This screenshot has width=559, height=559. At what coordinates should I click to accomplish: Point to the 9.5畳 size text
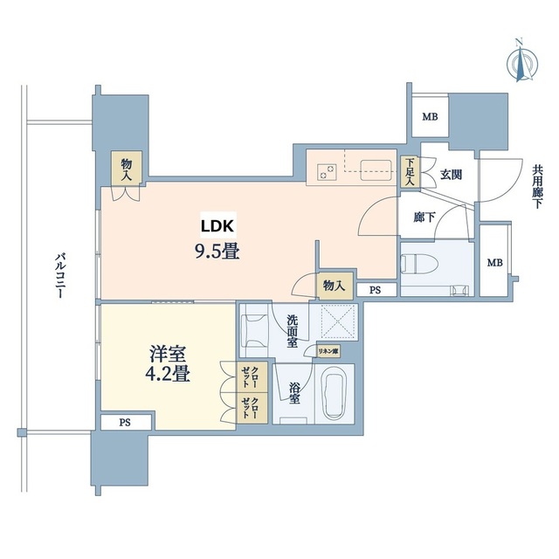(216, 252)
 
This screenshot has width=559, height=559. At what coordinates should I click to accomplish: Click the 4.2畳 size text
(169, 376)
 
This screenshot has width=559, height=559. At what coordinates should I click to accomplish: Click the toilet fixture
(418, 261)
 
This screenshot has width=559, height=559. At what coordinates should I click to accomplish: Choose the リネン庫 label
(328, 351)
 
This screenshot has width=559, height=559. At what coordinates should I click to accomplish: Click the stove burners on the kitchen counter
(327, 170)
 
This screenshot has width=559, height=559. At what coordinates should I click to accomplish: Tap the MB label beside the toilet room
(494, 263)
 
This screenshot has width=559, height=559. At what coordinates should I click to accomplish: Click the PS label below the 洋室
(125, 423)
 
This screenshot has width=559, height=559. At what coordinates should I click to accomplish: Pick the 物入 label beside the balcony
(128, 168)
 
